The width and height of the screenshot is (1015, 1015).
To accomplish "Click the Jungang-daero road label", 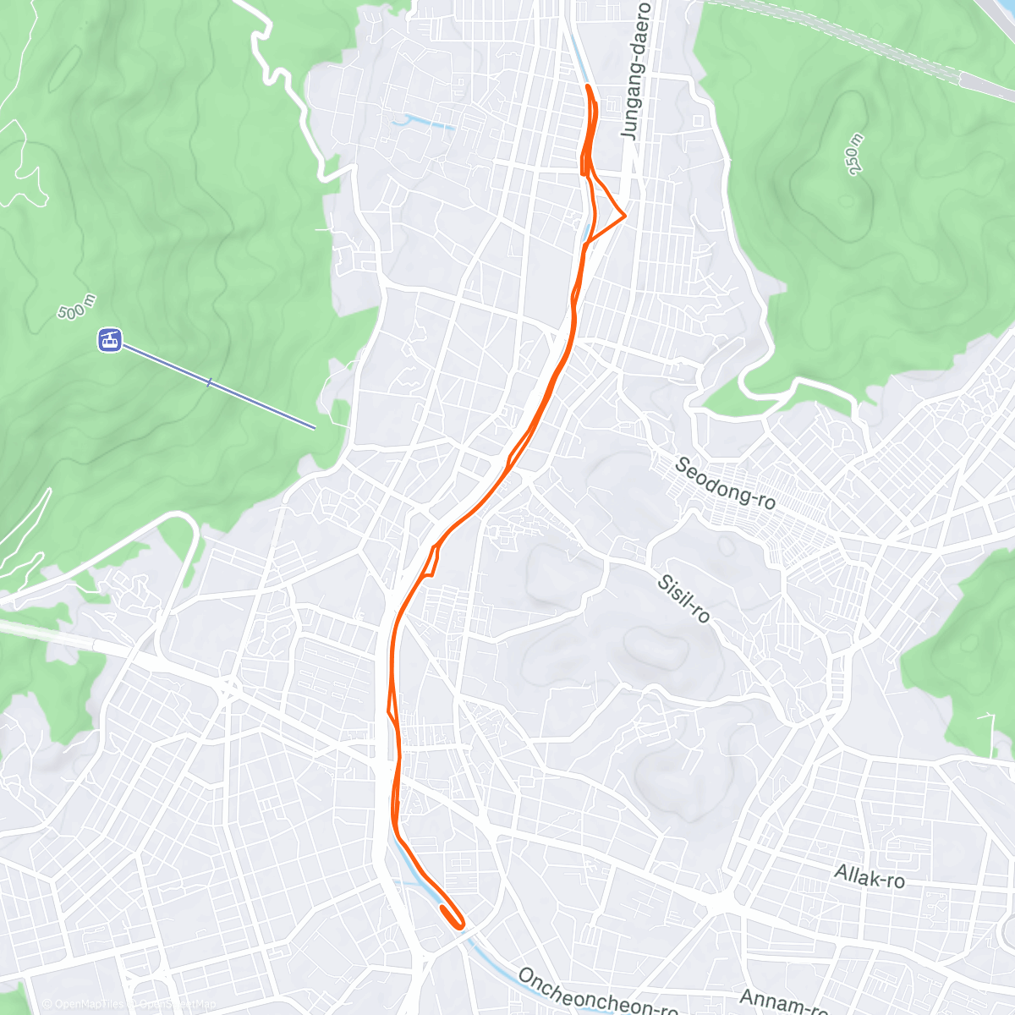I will point(637,70).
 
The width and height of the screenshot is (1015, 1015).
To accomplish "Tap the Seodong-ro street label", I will point(726,483).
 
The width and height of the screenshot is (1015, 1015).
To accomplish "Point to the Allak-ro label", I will point(870,875).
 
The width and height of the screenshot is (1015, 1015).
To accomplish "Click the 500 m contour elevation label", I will point(77,309).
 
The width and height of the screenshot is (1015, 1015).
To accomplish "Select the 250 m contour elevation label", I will point(856,155).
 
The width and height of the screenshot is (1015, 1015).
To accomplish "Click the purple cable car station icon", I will point(110,340).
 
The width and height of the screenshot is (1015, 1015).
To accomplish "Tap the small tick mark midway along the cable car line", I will point(209,383).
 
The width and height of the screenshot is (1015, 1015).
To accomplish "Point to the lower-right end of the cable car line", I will point(314,427).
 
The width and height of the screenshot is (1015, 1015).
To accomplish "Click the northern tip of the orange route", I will point(587,87).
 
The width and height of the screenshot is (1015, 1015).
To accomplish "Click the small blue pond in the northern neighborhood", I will point(422,123).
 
